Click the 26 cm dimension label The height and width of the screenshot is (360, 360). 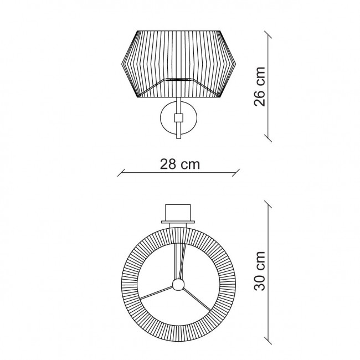[x=260, y=87]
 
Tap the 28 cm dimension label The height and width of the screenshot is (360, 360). [x=180, y=164]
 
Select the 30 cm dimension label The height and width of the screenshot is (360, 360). [x=260, y=271]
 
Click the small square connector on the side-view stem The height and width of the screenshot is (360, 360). [x=178, y=118]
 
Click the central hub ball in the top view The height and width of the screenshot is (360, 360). [x=178, y=285]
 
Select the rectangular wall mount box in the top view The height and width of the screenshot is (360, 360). [x=178, y=213]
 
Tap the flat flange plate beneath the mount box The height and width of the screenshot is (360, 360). [x=178, y=222]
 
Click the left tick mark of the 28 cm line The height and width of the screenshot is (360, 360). [x=121, y=173]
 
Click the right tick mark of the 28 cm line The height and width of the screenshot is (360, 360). [x=236, y=173]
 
